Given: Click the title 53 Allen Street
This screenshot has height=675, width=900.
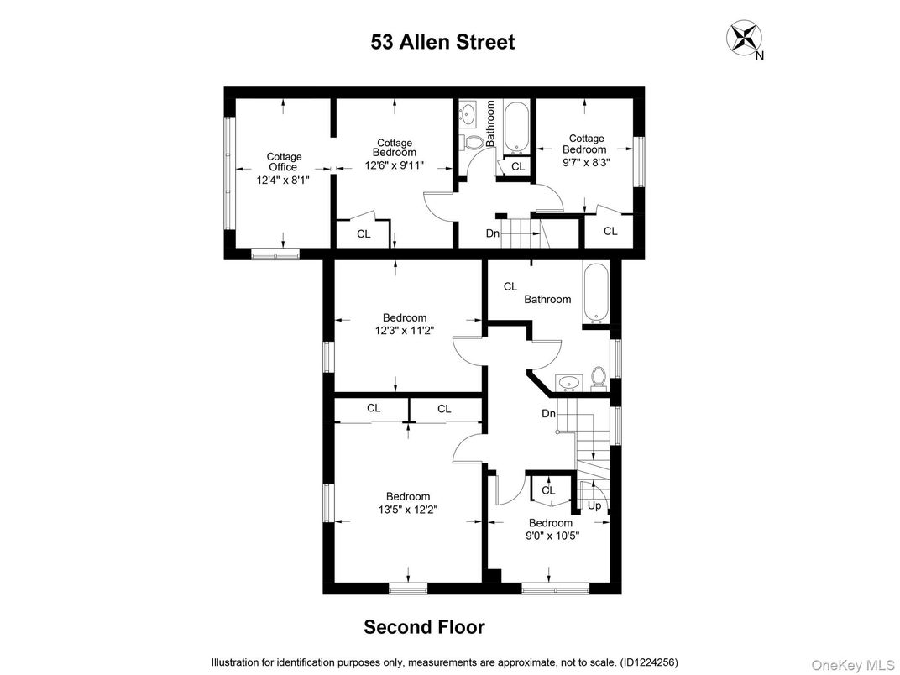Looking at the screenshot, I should click(x=442, y=42).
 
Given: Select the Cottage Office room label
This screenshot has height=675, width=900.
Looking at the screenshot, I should click(x=284, y=162).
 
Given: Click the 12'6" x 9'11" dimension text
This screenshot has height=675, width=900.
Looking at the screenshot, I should click(x=394, y=165).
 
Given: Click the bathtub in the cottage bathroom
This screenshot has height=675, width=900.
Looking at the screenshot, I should click(x=515, y=127).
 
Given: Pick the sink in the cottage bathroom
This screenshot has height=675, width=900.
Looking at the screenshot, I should click(x=469, y=112).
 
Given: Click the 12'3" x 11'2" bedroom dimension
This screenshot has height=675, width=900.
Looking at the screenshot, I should click(x=405, y=331).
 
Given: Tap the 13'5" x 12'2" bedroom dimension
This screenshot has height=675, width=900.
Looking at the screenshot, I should click(x=408, y=509).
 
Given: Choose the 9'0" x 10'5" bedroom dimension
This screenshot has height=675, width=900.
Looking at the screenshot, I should click(x=550, y=535).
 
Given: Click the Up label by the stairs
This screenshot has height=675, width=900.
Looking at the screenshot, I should click(x=594, y=505).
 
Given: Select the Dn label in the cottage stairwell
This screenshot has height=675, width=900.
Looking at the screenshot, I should click(x=493, y=233).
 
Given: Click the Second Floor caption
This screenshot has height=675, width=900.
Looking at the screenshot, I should click(x=424, y=627).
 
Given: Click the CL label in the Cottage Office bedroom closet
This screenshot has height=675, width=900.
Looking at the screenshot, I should click(x=364, y=234).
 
